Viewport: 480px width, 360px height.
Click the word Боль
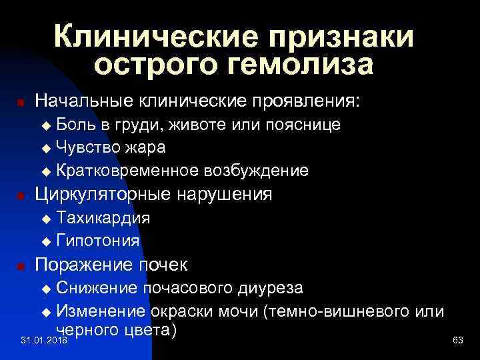point(75,125)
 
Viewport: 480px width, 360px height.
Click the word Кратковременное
point(127,170)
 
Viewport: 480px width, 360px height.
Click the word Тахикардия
point(103,217)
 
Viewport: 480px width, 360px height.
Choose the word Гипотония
point(98,239)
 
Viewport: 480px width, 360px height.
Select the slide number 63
point(457,341)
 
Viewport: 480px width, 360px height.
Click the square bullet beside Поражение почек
point(21,265)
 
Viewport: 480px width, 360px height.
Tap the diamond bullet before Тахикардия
point(46,219)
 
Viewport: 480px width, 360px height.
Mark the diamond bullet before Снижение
point(46,289)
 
